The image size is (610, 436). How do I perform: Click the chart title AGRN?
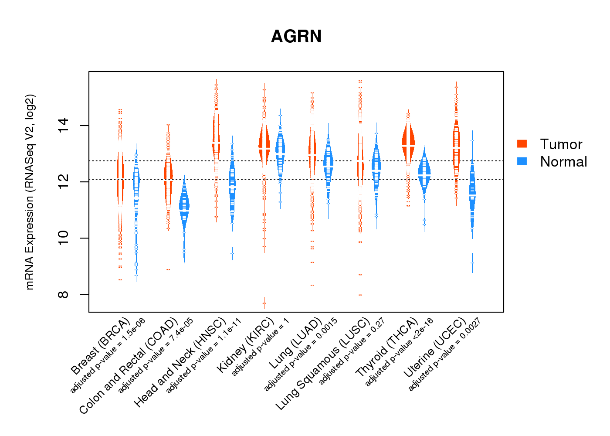296,37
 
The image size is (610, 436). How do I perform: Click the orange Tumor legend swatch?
522,144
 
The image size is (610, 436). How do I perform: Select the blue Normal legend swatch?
522,161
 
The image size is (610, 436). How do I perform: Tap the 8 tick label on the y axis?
64,294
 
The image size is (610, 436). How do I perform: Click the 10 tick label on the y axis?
64,238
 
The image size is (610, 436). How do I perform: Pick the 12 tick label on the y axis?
64,181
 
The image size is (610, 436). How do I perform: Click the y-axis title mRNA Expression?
30,192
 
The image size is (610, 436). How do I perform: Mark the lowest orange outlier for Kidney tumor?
264,303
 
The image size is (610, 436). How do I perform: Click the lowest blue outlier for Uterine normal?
472,263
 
